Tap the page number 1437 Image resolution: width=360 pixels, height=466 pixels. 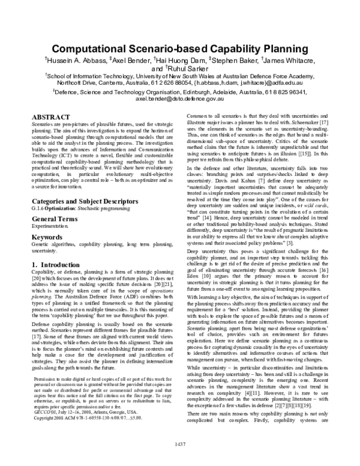(x=180, y=461)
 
